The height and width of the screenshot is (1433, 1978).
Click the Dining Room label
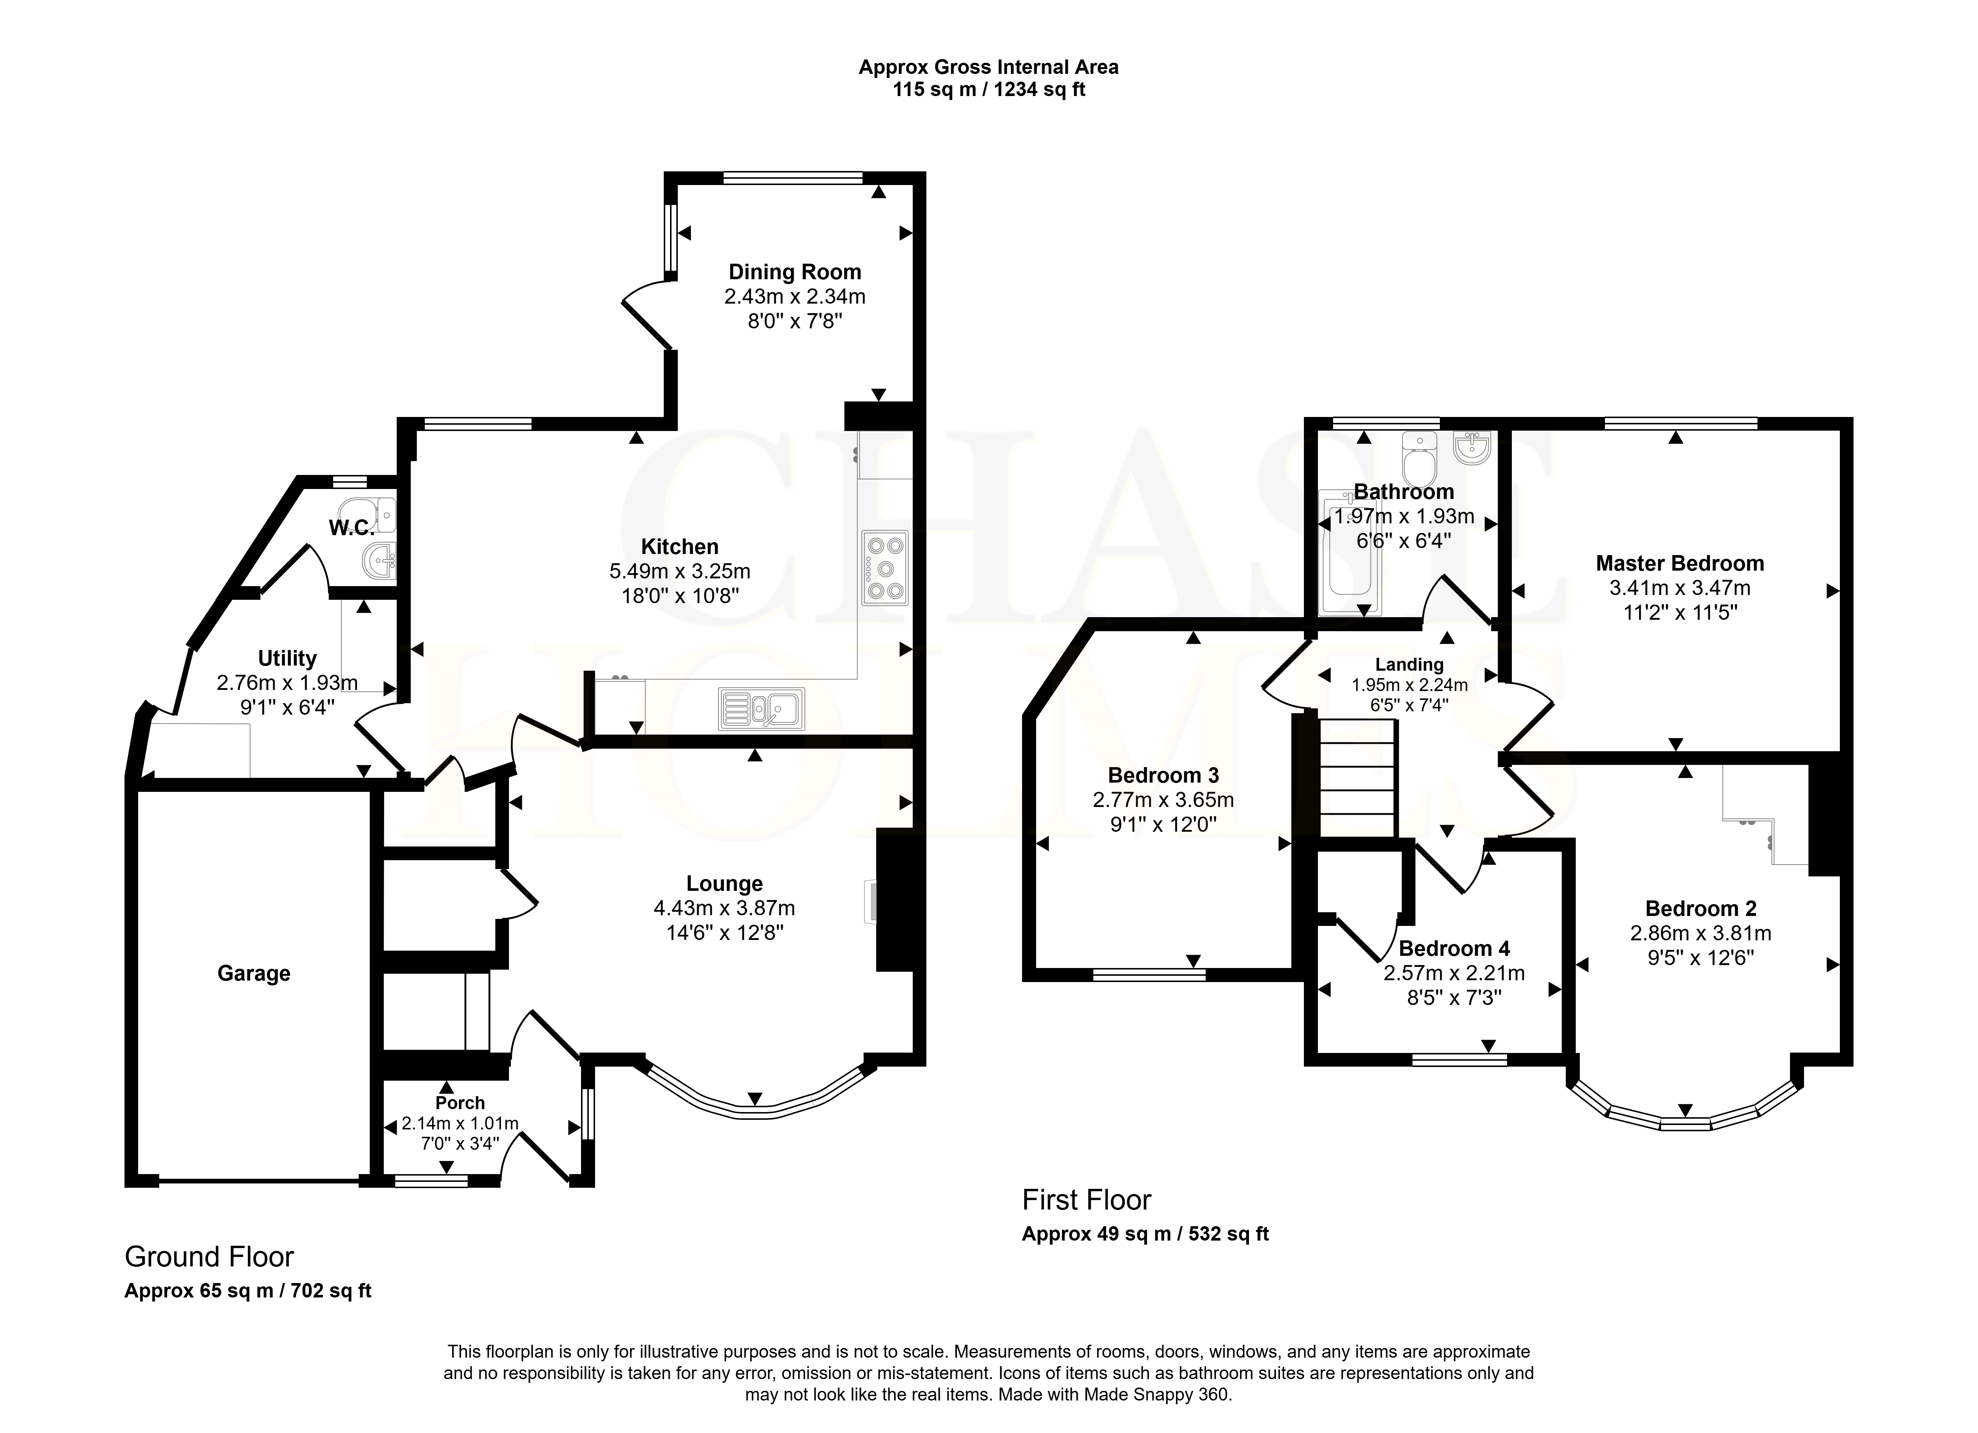pos(795,272)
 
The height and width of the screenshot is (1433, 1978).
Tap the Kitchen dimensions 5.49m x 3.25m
pos(679,571)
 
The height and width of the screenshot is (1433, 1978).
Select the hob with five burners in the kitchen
pos(884,568)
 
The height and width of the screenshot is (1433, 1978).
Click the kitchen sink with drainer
pos(761,708)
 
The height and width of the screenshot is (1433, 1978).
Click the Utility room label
pos(287,659)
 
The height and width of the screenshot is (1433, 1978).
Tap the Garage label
pos(254,973)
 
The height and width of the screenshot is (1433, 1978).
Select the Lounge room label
pos(724,883)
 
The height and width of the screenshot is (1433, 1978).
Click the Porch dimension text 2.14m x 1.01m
pos(460,1124)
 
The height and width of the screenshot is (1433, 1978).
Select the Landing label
pos(1410,664)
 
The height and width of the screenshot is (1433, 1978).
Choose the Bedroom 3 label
pos(1164,775)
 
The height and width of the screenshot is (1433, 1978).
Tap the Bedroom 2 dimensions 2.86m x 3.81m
pos(1701,933)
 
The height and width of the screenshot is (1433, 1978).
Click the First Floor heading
pos(1087,1200)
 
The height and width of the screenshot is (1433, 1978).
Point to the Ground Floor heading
pos(209,1257)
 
